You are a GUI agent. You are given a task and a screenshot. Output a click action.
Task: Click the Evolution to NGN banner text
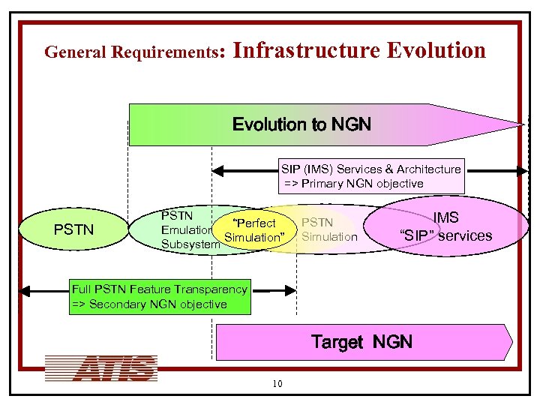click(301, 124)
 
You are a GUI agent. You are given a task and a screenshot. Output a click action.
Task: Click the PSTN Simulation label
click(329, 229)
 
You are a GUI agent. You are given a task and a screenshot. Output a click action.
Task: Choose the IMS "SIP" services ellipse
click(446, 227)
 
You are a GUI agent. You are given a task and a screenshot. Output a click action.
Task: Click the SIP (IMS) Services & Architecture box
click(370, 176)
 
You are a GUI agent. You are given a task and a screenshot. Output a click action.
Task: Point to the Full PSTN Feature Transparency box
click(159, 297)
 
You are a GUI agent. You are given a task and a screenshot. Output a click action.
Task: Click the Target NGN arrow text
click(361, 342)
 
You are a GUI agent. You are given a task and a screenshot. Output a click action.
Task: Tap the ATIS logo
click(100, 367)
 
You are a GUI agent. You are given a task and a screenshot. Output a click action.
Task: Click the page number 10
click(277, 385)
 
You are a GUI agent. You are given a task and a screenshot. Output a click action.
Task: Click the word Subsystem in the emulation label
click(190, 244)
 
